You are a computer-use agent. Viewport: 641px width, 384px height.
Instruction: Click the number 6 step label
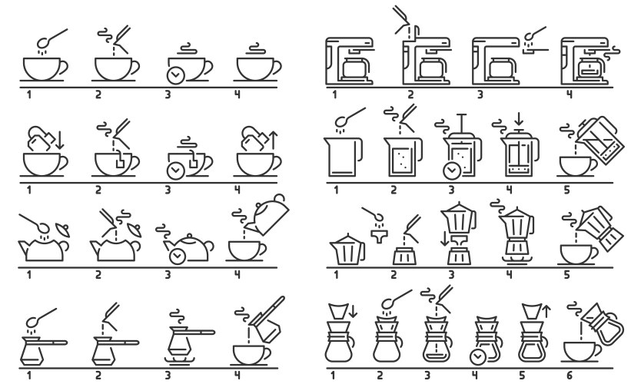(x=569, y=375)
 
